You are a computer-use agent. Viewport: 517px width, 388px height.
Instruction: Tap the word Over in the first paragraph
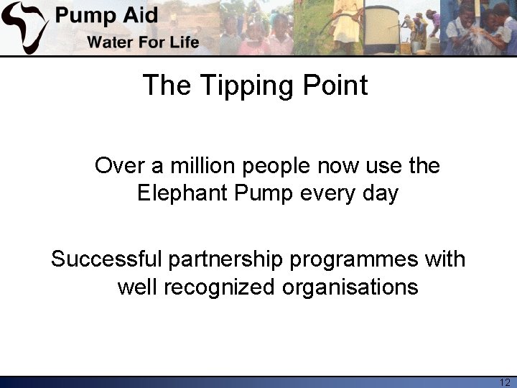[119, 166]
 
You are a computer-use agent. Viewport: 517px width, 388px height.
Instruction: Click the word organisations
[350, 287]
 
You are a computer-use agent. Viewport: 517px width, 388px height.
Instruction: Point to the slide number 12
[504, 382]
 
